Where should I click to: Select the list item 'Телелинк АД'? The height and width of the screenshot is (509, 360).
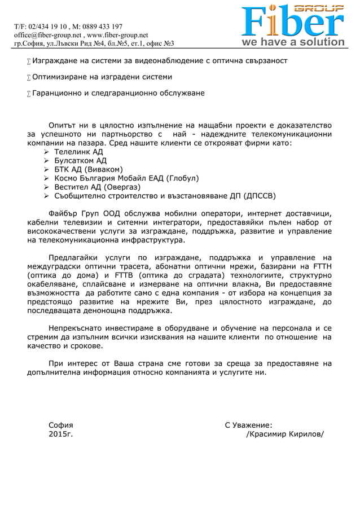78,152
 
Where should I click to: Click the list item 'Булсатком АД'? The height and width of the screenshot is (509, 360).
80,161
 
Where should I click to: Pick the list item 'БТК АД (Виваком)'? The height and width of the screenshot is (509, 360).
88,169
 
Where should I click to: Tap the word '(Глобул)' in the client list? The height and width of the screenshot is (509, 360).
181,178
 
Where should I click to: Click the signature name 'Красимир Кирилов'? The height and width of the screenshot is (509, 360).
286,434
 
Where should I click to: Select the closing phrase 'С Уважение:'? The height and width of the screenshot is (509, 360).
248,425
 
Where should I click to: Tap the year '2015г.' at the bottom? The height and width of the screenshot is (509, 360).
60,434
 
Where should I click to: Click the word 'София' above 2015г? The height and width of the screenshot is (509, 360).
61,425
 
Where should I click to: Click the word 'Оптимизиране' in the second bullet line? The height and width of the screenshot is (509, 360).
59,76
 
